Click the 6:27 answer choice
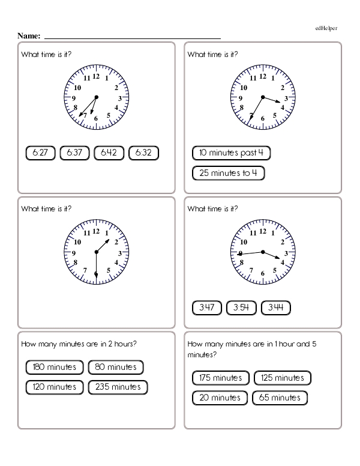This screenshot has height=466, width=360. (40, 153)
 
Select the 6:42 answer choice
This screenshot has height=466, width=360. (109, 153)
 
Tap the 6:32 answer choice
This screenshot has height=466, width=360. (143, 153)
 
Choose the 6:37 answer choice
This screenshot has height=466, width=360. (74, 153)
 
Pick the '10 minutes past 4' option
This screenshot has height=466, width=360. (231, 153)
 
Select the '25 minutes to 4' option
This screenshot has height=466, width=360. (228, 174)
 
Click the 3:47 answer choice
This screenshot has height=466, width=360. (207, 308)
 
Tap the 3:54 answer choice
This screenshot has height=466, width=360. (241, 308)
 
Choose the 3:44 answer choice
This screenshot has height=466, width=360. (276, 308)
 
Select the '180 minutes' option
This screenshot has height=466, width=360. (54, 366)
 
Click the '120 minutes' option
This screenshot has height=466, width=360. (54, 387)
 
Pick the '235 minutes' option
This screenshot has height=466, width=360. (118, 387)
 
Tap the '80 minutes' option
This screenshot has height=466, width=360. (116, 366)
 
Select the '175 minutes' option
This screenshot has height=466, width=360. (220, 378)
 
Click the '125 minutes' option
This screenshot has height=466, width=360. (283, 378)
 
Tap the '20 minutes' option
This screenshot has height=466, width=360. (220, 398)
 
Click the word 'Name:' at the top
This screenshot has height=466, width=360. (29, 36)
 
